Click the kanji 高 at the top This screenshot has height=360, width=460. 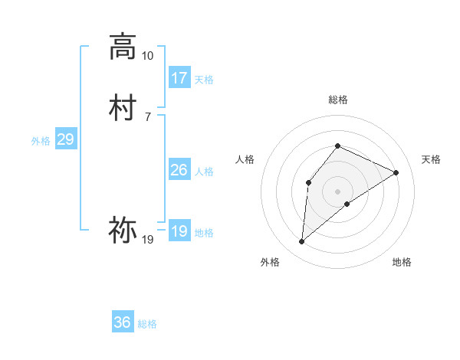coord(123,47)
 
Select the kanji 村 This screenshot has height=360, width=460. coord(123,107)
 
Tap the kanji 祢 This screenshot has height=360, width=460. coord(123,228)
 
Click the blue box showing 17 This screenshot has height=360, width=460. coord(179,78)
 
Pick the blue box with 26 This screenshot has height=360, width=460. coord(179,170)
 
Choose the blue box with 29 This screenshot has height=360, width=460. coord(66,139)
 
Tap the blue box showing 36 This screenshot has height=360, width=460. coord(123,322)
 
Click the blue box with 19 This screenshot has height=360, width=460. coord(179,231)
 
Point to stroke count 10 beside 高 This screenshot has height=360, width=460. coord(147,56)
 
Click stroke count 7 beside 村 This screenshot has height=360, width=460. coord(147,116)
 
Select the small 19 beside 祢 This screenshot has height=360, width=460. coord(147,240)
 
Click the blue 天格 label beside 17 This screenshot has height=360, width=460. coord(204,80)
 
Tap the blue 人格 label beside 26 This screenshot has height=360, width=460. coord(204,172)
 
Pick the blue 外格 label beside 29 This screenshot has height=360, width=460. coord(41,141)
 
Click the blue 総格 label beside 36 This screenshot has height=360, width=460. coord(147,324)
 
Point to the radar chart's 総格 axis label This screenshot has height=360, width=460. coord(337,100)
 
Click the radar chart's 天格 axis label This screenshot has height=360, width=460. coord(431,159)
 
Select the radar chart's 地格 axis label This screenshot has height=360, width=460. coord(402,262)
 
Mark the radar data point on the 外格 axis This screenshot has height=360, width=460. coord(302,242)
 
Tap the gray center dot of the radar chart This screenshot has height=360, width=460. coord(337,191)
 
